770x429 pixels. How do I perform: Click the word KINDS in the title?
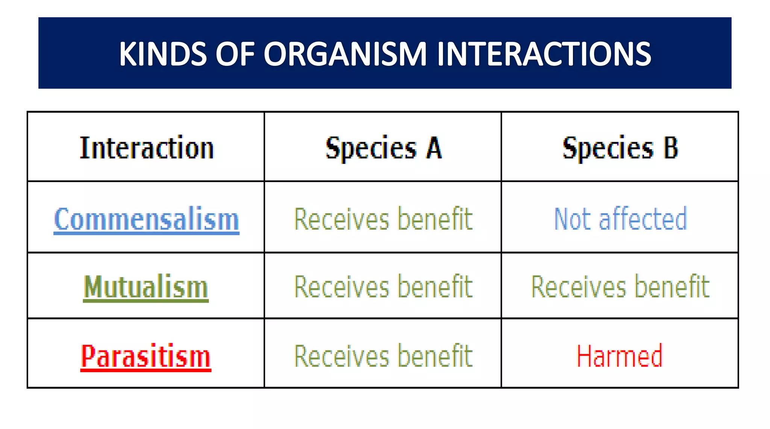pos(163,54)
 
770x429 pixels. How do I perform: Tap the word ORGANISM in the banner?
pos(345,54)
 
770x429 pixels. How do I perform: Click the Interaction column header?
pos(147,148)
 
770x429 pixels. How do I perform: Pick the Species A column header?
pos(383,148)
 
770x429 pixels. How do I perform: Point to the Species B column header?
pos(620,148)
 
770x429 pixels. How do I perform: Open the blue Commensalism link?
pos(147,219)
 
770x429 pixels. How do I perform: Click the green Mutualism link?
pos(146,287)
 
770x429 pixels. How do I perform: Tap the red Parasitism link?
pos(146,356)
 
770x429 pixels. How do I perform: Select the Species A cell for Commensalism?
pos(383,219)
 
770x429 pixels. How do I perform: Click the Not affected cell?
pos(620,219)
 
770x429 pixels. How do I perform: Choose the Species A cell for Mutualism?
pos(383,287)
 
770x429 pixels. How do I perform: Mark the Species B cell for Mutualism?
pos(620,287)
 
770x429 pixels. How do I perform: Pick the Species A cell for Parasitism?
pos(383,356)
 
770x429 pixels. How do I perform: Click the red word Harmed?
pos(620,356)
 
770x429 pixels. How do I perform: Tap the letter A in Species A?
pos(434,148)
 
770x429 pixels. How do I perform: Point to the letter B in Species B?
pos(671,148)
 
